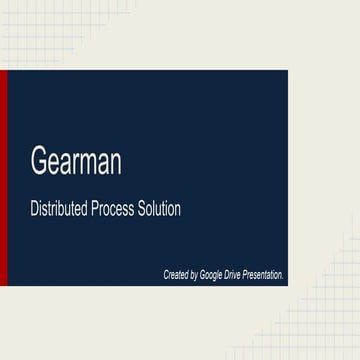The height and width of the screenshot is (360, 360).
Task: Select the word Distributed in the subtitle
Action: click(60, 211)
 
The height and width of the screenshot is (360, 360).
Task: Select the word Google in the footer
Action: click(212, 273)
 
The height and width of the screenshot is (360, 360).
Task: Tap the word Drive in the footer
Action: click(233, 273)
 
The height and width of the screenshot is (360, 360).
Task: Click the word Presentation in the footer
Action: click(263, 273)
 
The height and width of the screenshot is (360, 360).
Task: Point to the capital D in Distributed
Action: click(34, 211)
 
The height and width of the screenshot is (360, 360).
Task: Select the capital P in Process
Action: click(96, 211)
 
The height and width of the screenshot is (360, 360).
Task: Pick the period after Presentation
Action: click(284, 276)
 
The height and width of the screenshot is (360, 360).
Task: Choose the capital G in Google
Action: click(203, 273)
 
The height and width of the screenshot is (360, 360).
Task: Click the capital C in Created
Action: click(166, 273)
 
